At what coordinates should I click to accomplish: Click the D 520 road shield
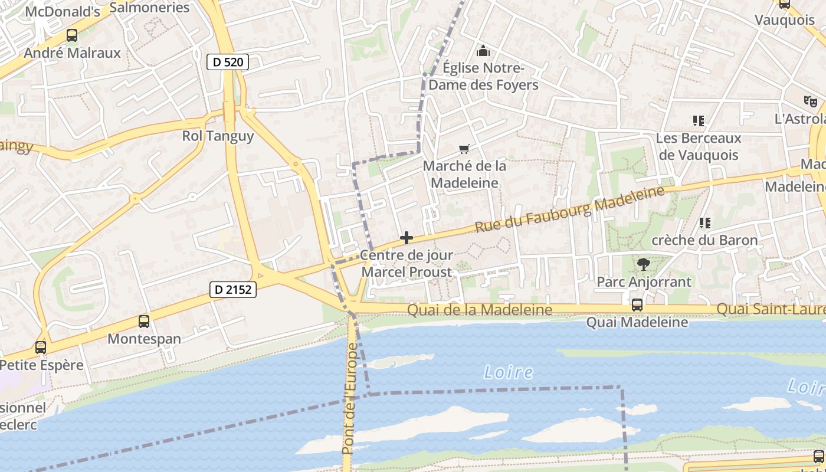(x=228, y=62)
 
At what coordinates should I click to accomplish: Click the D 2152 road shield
(x=233, y=289)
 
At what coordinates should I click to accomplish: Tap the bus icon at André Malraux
(x=71, y=35)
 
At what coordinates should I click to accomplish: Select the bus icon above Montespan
(x=144, y=322)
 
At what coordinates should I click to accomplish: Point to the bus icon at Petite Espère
(x=41, y=348)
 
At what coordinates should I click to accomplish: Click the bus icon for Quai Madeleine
(x=637, y=305)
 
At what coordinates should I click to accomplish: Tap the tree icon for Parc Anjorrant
(x=643, y=264)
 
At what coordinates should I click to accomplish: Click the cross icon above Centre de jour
(x=406, y=238)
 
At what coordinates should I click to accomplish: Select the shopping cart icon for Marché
(x=464, y=149)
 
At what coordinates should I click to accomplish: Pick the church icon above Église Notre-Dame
(x=483, y=51)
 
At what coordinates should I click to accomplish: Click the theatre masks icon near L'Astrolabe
(x=810, y=101)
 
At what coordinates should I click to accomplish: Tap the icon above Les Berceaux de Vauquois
(x=699, y=121)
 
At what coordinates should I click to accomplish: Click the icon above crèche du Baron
(x=704, y=223)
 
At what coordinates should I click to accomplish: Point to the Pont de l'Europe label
(x=350, y=402)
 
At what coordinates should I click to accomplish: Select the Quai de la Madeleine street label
(x=480, y=310)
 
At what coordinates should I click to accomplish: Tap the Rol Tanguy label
(x=218, y=136)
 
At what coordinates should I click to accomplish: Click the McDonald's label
(x=63, y=11)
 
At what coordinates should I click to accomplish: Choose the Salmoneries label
(x=149, y=8)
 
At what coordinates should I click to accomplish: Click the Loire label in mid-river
(x=508, y=372)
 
